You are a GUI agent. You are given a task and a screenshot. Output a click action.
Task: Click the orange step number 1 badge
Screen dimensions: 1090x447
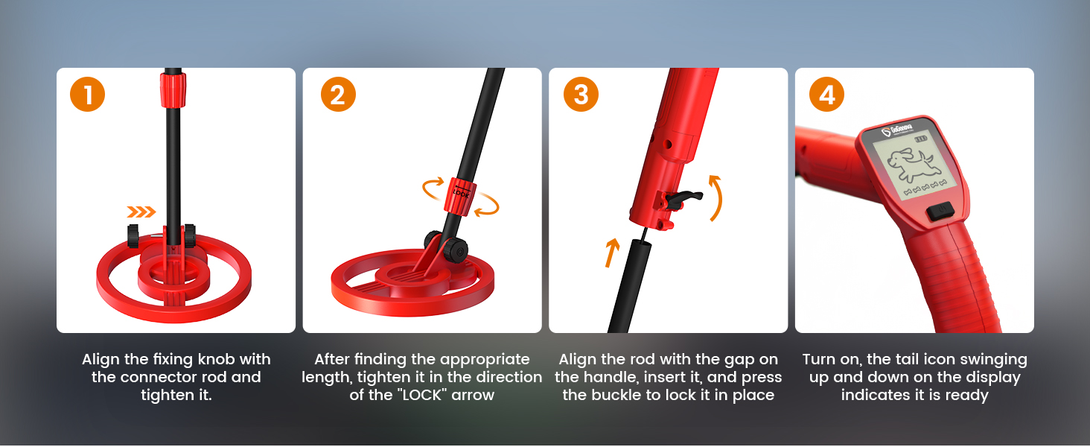tap(88, 95)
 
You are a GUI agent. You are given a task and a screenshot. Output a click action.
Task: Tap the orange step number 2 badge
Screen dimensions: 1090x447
tap(338, 95)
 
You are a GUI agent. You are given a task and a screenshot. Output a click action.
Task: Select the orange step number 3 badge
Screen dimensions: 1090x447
tap(581, 95)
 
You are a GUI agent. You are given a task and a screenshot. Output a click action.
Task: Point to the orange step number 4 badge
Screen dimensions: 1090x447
tap(826, 95)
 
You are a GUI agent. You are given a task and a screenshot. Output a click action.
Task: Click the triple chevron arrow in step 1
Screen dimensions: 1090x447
tap(141, 212)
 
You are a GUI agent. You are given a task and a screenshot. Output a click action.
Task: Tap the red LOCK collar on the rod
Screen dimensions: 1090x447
tap(460, 197)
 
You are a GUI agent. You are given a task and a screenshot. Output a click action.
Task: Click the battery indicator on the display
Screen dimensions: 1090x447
tap(921, 139)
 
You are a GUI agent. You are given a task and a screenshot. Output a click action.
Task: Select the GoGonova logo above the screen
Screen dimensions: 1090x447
tap(897, 130)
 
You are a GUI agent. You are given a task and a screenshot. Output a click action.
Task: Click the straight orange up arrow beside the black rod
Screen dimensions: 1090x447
tap(612, 253)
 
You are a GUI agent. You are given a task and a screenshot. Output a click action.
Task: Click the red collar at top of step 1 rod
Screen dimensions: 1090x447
tap(173, 89)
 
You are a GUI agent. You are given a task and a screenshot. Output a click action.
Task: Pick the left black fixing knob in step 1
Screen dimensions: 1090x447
tap(133, 235)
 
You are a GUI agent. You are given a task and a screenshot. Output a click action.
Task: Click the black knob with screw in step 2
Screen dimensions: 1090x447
tap(455, 250)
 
